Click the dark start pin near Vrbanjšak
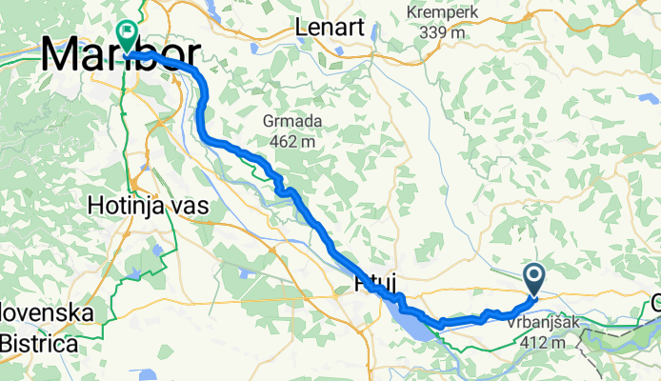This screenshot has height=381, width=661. (533, 278)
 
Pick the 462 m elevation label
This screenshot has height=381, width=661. (292, 142)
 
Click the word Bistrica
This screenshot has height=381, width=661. (39, 343)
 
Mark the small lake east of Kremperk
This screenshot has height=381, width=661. (648, 98)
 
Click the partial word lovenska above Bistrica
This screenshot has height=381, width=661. (47, 314)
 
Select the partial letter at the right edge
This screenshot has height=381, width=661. (655, 304)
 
